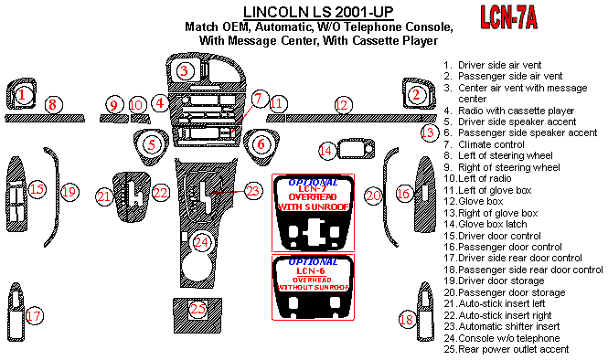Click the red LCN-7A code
[508, 17]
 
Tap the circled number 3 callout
[185, 71]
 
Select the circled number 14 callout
[327, 151]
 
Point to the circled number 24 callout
[201, 242]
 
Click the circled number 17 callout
[34, 315]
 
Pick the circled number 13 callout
[429, 132]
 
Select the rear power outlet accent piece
[197, 315]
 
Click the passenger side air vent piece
[419, 93]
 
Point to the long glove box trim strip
[353, 118]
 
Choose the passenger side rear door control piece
[425, 312]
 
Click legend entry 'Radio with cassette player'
[508, 111]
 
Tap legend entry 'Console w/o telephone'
[502, 338]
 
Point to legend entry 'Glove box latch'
[485, 225]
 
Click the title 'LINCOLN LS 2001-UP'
[318, 13]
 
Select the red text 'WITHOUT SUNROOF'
[314, 287]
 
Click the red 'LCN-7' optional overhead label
[313, 189]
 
